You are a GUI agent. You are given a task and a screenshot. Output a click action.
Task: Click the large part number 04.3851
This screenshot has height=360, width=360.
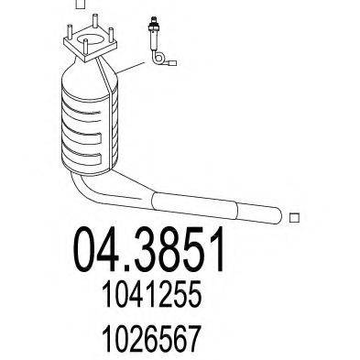(149, 250)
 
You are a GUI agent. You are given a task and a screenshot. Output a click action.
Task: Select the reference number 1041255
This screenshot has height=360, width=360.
(152, 294)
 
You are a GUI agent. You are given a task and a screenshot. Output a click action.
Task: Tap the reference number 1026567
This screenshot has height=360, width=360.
(152, 338)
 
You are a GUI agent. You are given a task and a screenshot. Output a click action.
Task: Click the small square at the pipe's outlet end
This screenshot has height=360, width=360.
(294, 217)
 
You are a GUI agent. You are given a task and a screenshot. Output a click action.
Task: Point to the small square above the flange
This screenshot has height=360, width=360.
(80, 4)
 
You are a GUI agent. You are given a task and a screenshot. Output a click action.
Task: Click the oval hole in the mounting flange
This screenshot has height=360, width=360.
(91, 39)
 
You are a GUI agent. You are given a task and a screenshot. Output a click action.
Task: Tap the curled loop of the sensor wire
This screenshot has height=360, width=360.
(157, 57)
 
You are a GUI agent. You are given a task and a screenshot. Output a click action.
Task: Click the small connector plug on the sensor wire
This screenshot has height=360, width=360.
(173, 63)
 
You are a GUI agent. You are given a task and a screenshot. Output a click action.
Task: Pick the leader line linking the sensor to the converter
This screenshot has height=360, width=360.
(130, 68)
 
